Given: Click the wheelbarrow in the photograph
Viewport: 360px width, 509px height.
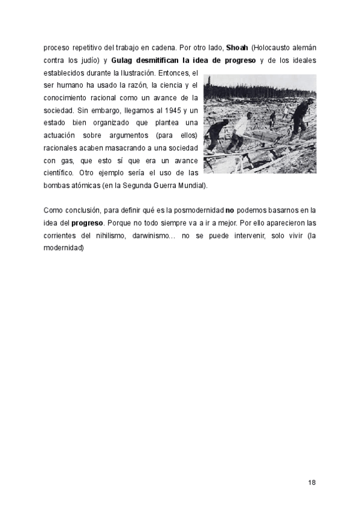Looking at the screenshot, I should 261,139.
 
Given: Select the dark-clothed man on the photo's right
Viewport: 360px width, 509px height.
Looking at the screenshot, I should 299,118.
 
